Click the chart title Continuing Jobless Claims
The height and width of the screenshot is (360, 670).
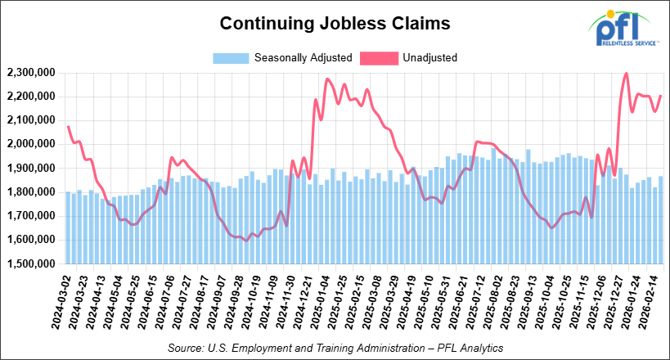pyautogui.click(x=335, y=24)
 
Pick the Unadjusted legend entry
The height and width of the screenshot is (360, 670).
pyautogui.click(x=429, y=58)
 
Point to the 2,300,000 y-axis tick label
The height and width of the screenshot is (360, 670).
pyautogui.click(x=29, y=73)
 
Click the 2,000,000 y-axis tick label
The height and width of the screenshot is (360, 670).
pyautogui.click(x=29, y=144)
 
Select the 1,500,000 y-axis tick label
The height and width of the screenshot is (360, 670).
pyautogui.click(x=29, y=264)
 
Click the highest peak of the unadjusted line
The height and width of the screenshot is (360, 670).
pyautogui.click(x=626, y=74)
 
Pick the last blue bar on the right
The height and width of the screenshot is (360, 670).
pyautogui.click(x=661, y=220)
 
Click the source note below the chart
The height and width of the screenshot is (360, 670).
pyautogui.click(x=335, y=348)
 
